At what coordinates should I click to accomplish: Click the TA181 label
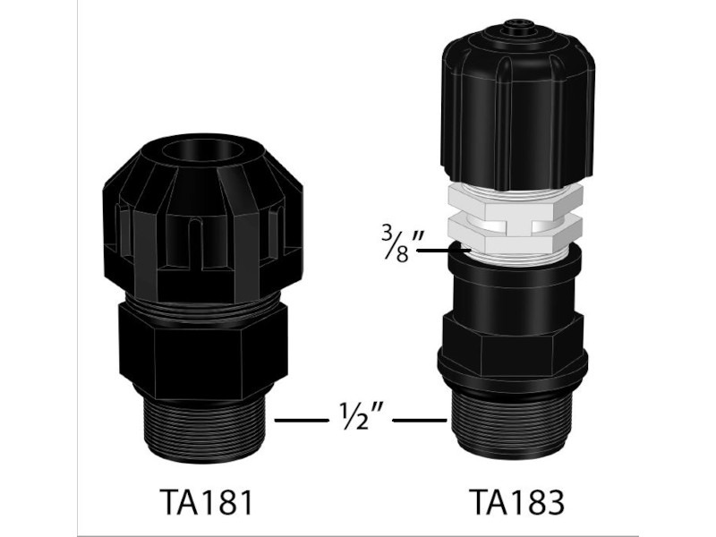tap(206, 502)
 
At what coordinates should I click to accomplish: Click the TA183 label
tap(516, 502)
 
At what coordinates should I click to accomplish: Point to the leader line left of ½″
tap(301, 420)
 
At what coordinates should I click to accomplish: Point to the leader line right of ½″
tap(420, 420)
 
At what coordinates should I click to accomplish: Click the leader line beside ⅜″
tap(444, 251)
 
